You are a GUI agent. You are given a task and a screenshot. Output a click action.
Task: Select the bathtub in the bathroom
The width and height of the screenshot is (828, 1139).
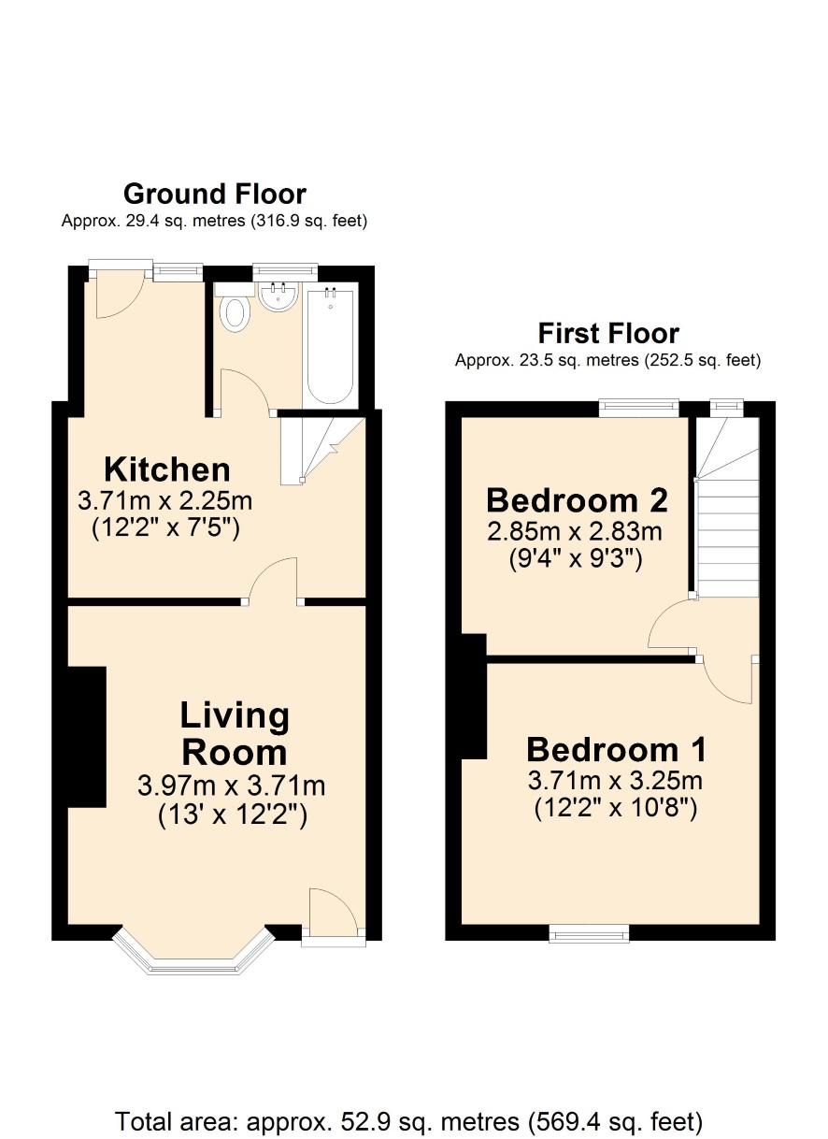[x=331, y=346]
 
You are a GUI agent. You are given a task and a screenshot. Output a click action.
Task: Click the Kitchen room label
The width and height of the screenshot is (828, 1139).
[x=166, y=469]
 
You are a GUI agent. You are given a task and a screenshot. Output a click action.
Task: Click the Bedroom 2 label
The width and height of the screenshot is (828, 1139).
[x=577, y=500]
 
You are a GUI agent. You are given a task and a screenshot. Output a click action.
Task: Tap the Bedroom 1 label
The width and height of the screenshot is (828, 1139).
[x=616, y=750]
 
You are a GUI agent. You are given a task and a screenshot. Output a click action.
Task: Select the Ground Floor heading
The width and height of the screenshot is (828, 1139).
[x=215, y=194]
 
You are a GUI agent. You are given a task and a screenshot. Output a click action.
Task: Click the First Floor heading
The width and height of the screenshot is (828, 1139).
[x=608, y=334]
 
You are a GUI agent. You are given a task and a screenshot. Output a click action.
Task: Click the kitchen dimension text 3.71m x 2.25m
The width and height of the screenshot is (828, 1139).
[x=165, y=501]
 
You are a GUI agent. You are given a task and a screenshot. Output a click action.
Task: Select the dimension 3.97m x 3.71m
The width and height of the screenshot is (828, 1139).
[x=231, y=786]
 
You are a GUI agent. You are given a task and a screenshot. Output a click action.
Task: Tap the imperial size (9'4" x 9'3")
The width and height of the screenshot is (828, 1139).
[x=576, y=559]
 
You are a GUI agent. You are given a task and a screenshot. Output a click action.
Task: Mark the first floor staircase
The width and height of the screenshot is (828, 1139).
[x=727, y=507]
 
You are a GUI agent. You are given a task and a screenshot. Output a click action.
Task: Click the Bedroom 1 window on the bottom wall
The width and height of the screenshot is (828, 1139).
[x=589, y=933]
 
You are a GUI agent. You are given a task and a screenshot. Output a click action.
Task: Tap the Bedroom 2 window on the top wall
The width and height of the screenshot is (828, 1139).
[x=639, y=408]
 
